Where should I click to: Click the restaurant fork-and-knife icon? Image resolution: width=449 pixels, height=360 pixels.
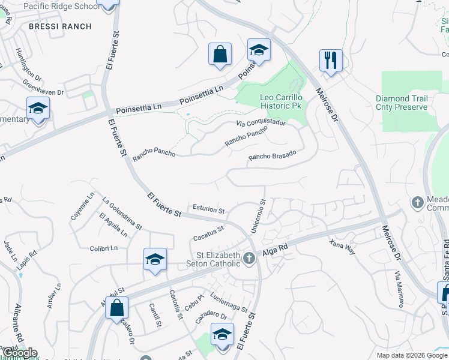click(x=331, y=60)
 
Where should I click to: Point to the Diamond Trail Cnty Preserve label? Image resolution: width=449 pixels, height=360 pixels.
click(x=402, y=103)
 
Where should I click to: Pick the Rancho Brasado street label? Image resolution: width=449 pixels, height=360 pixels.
click(x=272, y=155)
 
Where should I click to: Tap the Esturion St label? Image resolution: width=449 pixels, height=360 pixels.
click(x=208, y=209)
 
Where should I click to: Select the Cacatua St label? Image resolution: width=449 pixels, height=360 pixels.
click(x=208, y=232)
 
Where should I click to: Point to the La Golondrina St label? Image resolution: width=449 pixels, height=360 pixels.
click(x=122, y=214)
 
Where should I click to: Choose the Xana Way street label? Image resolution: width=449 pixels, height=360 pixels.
click(x=342, y=246)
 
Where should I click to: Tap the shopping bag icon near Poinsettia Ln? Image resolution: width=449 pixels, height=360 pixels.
click(x=220, y=54)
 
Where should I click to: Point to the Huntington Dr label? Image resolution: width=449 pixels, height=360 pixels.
click(x=28, y=65)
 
